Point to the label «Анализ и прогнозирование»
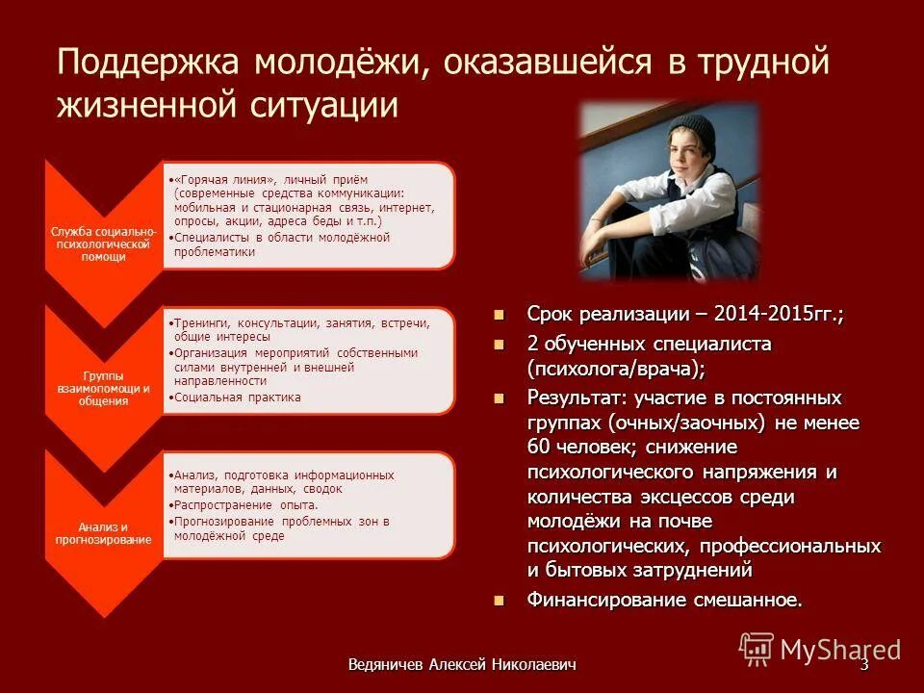click(x=104, y=532)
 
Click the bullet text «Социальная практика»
click(x=237, y=397)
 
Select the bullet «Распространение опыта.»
click(x=245, y=504)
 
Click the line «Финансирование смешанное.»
click(x=664, y=600)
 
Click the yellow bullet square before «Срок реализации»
click(x=499, y=315)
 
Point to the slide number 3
click(x=863, y=664)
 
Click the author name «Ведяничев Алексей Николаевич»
click(x=462, y=665)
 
